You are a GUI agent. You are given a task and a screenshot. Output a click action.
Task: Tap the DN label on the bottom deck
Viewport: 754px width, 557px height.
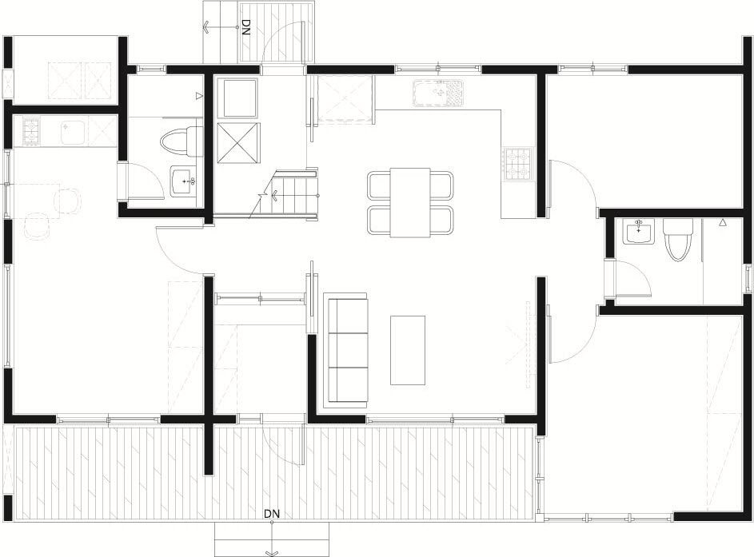(x=272, y=514)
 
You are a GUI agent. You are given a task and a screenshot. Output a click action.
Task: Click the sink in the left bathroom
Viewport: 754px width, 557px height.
(x=184, y=181)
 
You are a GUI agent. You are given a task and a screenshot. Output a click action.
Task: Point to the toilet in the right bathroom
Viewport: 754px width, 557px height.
(x=677, y=239)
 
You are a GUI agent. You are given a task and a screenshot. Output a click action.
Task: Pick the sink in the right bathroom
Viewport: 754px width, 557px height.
(x=639, y=231)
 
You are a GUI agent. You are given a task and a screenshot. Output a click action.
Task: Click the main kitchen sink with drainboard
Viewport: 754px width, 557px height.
(x=437, y=93)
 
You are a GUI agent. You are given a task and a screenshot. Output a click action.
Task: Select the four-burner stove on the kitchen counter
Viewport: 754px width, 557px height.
(x=518, y=165)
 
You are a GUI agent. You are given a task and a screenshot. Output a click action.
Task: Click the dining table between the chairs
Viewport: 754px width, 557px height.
(x=409, y=202)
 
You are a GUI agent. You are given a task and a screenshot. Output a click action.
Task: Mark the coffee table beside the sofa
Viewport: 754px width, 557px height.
(x=408, y=350)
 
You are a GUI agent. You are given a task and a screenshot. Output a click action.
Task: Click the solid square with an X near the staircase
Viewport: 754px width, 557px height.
(x=238, y=143)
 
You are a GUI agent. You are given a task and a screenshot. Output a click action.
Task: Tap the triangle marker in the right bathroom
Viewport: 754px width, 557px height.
(x=722, y=222)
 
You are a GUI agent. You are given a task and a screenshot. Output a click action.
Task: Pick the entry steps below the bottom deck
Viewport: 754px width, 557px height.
(x=272, y=539)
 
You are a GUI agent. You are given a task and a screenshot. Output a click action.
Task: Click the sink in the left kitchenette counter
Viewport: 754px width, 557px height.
(x=73, y=132)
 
